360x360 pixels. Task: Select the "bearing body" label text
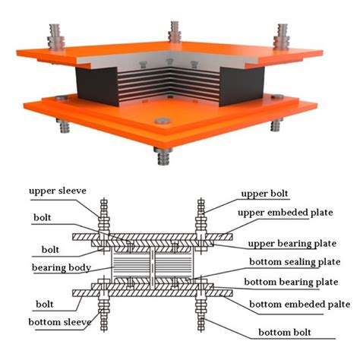click(x=61, y=268)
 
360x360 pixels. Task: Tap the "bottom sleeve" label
click(x=58, y=322)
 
